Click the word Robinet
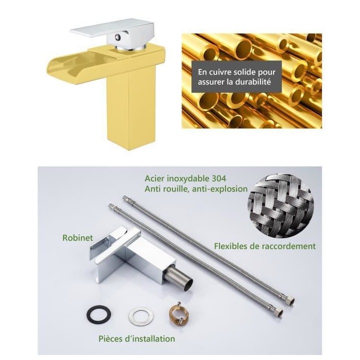click(x=77, y=237)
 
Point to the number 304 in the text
click(x=218, y=178)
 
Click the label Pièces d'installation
click(x=137, y=339)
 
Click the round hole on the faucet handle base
click(x=118, y=36)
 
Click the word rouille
click(x=176, y=188)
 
